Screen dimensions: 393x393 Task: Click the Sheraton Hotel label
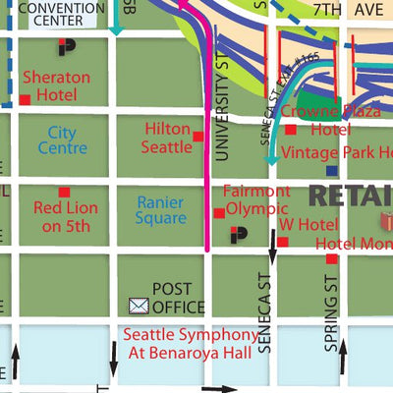point(57,85)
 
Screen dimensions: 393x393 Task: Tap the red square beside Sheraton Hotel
point(25,100)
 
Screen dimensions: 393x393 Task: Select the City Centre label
point(56,140)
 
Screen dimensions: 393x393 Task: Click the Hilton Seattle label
point(167,138)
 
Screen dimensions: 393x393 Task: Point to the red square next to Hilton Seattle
point(197,137)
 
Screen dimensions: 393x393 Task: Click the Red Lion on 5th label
point(62,217)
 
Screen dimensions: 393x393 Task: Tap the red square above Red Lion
point(64,192)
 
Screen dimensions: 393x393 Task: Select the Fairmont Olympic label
point(257,200)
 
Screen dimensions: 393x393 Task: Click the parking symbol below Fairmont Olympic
point(238,235)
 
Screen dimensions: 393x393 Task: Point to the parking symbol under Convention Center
point(66,46)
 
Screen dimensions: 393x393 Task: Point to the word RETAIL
point(350,194)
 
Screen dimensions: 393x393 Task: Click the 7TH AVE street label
point(342,9)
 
